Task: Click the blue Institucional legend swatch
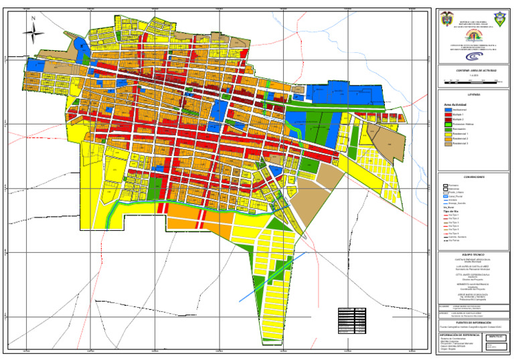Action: pos(447,110)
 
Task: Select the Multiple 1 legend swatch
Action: pos(447,115)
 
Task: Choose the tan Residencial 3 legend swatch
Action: pos(447,143)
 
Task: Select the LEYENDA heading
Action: pos(474,95)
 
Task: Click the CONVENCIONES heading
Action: pos(474,177)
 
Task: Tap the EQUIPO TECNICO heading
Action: pos(474,255)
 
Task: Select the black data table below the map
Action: pos(352,320)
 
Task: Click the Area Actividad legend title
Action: pos(455,104)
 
